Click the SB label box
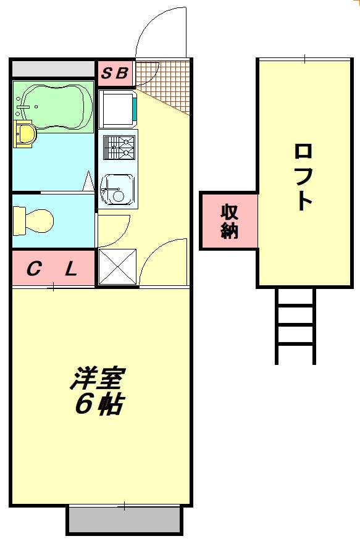115,73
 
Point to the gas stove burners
118,148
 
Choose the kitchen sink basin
117,188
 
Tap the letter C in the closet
35,269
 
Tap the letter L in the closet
71,269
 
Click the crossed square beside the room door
117,267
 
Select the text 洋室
98,378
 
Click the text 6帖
99,404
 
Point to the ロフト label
303,176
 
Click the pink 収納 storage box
229,221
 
